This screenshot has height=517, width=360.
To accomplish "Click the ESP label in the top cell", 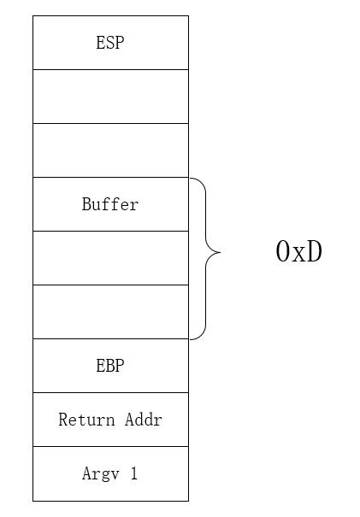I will pyautogui.click(x=109, y=43).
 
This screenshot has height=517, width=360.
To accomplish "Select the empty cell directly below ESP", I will pyautogui.click(x=109, y=96).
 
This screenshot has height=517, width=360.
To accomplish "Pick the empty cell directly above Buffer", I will pyautogui.click(x=109, y=150).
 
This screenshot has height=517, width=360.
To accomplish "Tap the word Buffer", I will pyautogui.click(x=109, y=204).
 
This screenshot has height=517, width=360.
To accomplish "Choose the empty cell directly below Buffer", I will pyautogui.click(x=109, y=257).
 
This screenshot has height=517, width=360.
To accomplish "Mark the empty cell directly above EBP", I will pyautogui.click(x=109, y=311).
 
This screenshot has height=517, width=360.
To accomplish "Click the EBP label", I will pyautogui.click(x=109, y=366).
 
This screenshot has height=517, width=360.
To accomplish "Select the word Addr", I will pyautogui.click(x=143, y=420).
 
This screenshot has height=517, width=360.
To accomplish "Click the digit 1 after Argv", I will pyautogui.click(x=134, y=473).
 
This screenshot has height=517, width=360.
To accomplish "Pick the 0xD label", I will pyautogui.click(x=299, y=252).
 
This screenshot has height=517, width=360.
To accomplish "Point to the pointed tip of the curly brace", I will pyautogui.click(x=221, y=252).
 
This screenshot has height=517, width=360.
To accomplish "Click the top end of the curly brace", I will pyautogui.click(x=191, y=179).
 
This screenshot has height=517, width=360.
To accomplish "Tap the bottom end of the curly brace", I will pyautogui.click(x=191, y=338).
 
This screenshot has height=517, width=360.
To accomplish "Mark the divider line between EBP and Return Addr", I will pyautogui.click(x=109, y=392).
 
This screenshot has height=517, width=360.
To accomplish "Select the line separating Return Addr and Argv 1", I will pyautogui.click(x=109, y=446).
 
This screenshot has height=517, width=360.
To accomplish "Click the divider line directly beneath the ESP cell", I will pyautogui.click(x=109, y=69).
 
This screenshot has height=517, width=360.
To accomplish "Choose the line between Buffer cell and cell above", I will pyautogui.click(x=109, y=177).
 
